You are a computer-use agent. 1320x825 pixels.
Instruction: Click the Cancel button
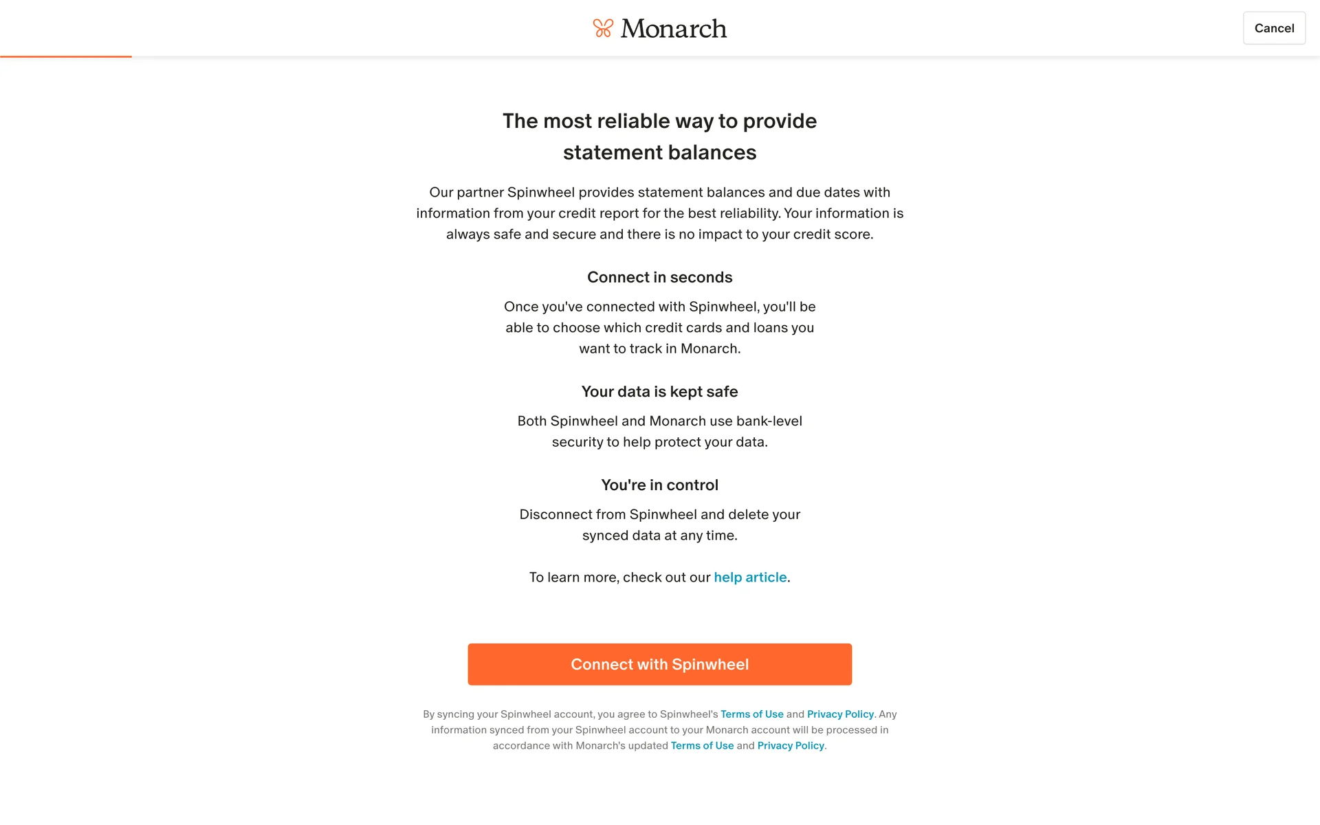pyautogui.click(x=1273, y=28)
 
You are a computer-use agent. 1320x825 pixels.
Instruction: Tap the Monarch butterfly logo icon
pyautogui.click(x=603, y=28)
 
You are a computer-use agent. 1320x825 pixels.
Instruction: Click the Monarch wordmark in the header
pyautogui.click(x=673, y=28)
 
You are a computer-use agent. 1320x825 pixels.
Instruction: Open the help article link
pyautogui.click(x=750, y=577)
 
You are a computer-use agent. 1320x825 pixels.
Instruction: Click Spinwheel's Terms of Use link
pyautogui.click(x=751, y=714)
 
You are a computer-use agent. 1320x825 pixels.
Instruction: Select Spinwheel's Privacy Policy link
pyautogui.click(x=840, y=714)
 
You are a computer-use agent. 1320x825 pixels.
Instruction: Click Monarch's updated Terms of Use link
pyautogui.click(x=702, y=746)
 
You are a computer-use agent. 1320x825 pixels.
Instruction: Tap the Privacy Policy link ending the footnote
pyautogui.click(x=790, y=746)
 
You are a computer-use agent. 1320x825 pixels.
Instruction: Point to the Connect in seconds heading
pyautogui.click(x=659, y=277)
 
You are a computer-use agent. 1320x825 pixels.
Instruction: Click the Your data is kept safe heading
pyautogui.click(x=659, y=392)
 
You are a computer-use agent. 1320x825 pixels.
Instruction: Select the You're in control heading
pyautogui.click(x=659, y=485)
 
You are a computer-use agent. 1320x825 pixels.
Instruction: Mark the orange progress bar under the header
pyautogui.click(x=66, y=56)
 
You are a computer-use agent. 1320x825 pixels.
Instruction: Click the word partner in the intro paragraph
pyautogui.click(x=480, y=192)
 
